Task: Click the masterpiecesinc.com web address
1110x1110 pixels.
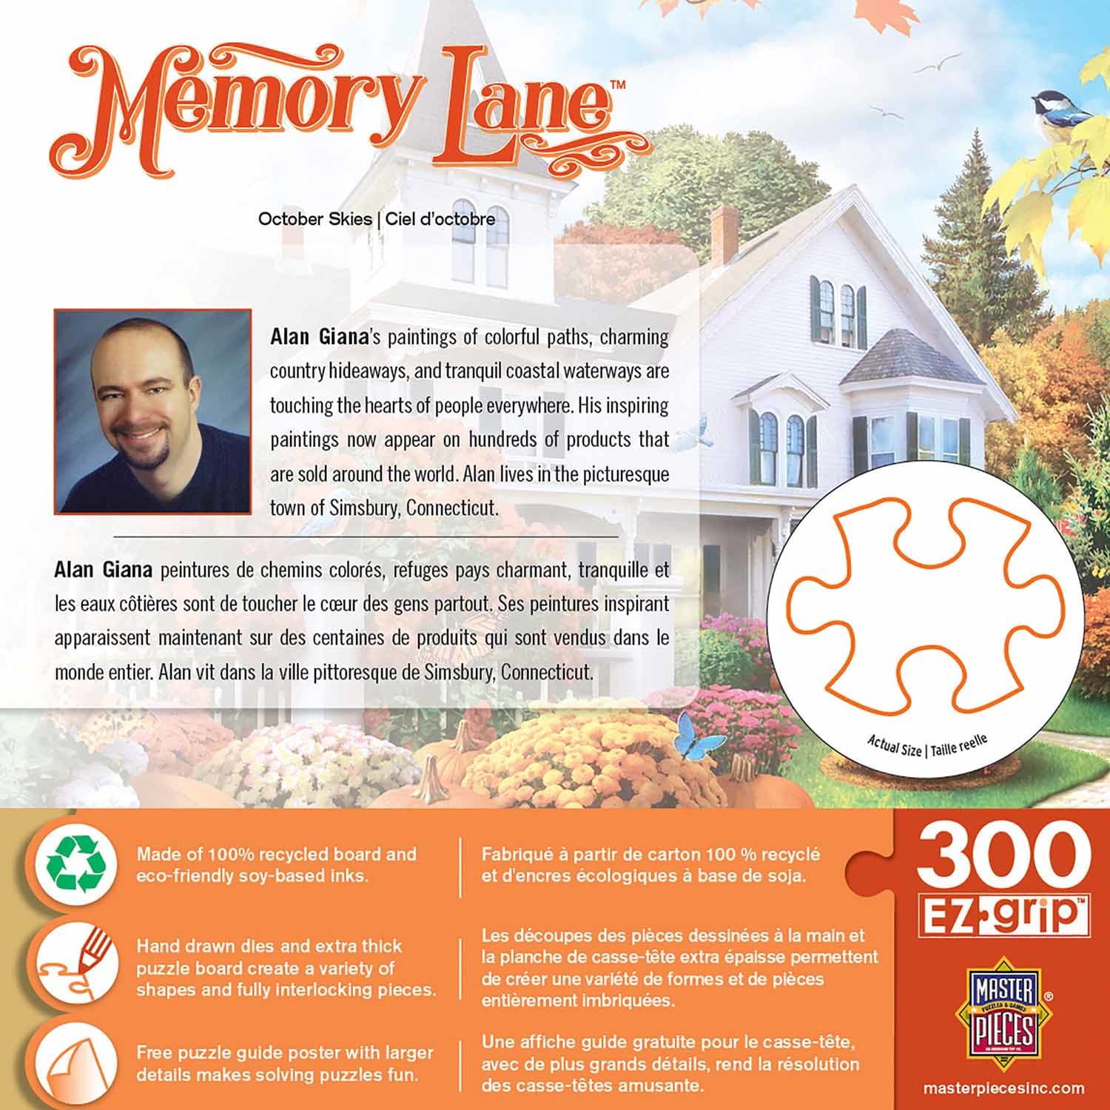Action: click(1004, 1089)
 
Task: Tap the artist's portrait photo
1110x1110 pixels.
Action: click(152, 411)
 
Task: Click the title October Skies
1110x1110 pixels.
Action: click(314, 219)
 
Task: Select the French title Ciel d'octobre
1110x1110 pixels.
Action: click(440, 219)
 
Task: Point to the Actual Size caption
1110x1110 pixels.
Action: click(893, 746)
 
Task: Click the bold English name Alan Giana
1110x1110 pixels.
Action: click(319, 337)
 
